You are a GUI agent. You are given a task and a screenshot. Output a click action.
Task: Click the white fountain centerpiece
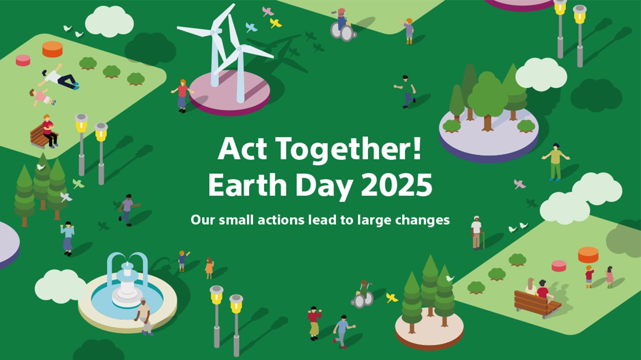pyautogui.click(x=127, y=285)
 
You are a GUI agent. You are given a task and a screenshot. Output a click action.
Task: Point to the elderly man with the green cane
pyautogui.click(x=476, y=232)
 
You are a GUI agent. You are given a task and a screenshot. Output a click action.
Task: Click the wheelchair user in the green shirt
pyautogui.click(x=363, y=294)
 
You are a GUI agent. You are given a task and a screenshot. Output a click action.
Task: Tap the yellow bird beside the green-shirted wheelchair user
pyautogui.click(x=391, y=298)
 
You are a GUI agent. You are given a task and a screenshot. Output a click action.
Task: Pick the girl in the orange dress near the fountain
pyautogui.click(x=209, y=268)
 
